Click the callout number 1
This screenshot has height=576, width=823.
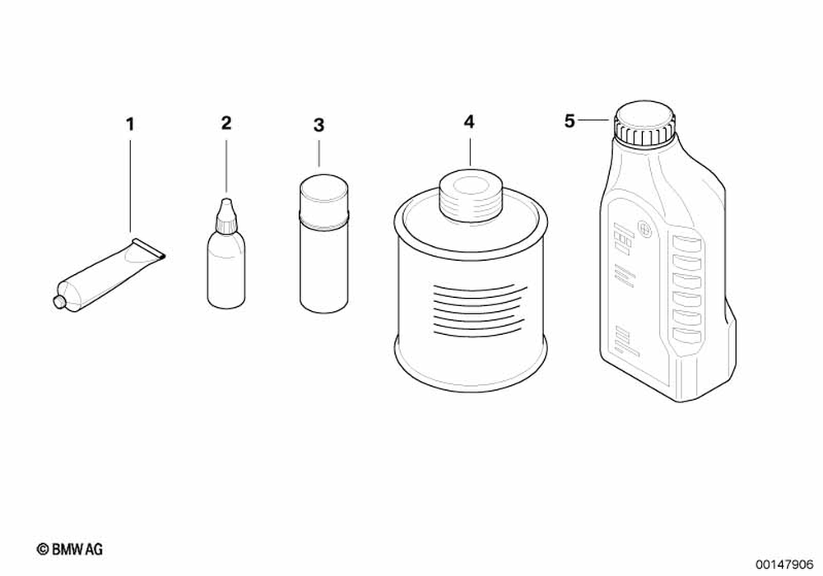(x=130, y=124)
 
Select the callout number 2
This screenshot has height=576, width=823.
(x=226, y=123)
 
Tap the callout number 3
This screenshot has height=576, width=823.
(x=319, y=125)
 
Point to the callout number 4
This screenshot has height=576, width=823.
(x=469, y=123)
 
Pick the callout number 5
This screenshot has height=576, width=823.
(x=570, y=122)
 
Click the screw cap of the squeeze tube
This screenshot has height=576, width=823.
(x=59, y=301)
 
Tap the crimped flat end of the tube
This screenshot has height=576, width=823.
(x=150, y=249)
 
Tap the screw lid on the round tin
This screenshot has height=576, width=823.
(x=471, y=196)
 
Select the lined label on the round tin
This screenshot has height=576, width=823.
(x=477, y=310)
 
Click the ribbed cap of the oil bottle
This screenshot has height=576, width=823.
(x=644, y=123)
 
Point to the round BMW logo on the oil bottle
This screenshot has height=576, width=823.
(x=643, y=229)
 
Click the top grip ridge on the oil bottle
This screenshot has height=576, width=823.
(x=687, y=244)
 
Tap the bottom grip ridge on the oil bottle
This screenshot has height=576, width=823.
(x=687, y=334)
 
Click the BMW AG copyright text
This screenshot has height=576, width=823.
(x=70, y=549)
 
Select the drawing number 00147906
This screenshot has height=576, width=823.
(x=784, y=564)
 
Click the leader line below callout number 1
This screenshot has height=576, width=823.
(x=130, y=182)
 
